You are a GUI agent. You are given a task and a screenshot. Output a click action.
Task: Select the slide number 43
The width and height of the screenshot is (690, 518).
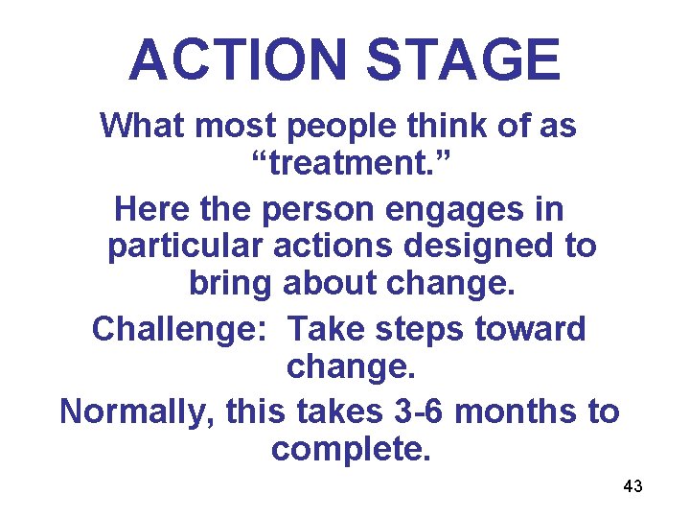pos(632,487)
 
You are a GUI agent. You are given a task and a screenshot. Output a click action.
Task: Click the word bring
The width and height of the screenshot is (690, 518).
pos(231,285)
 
